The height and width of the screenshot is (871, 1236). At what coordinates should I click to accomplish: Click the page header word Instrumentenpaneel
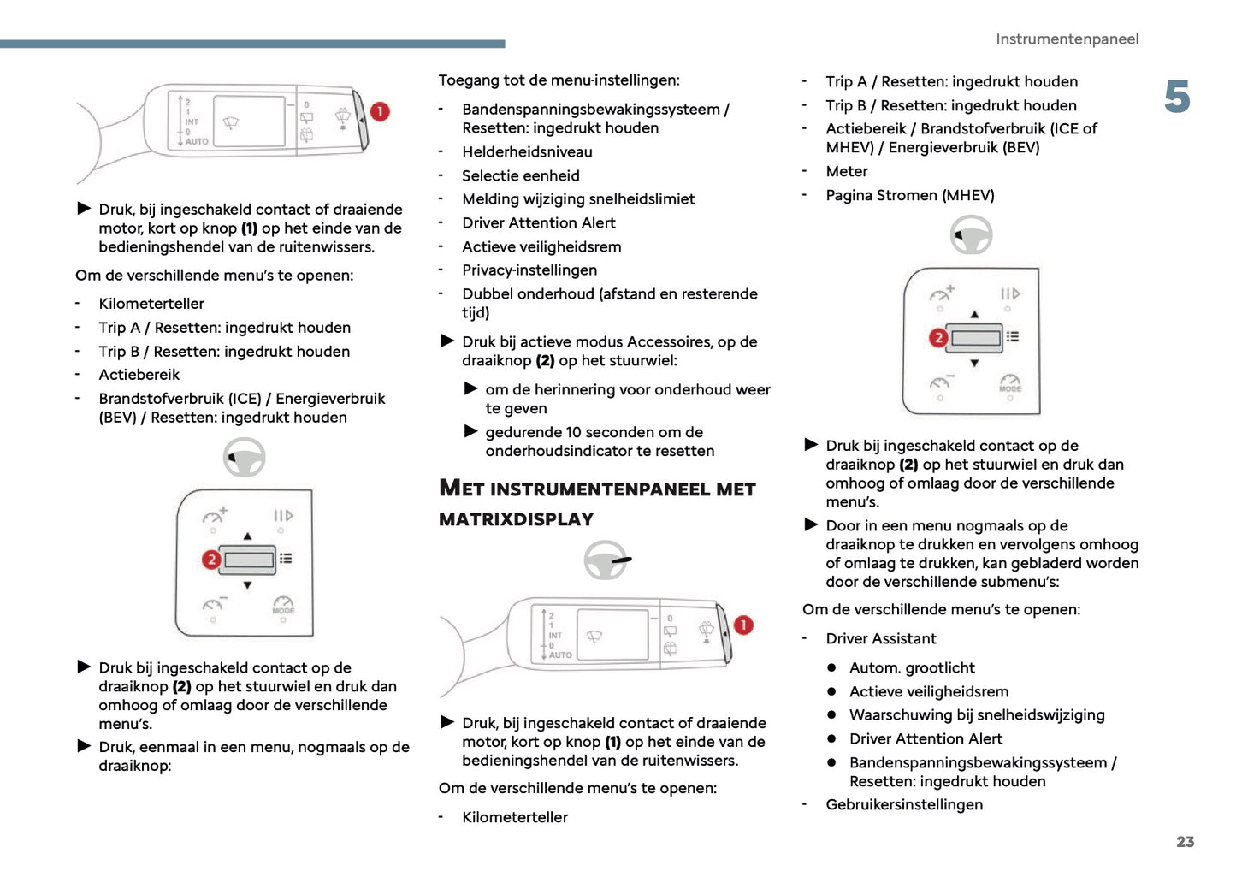pyautogui.click(x=1067, y=39)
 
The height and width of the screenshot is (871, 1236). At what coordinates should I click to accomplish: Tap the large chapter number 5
pyautogui.click(x=1177, y=98)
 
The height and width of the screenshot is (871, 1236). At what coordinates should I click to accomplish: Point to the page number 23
pyautogui.click(x=1185, y=842)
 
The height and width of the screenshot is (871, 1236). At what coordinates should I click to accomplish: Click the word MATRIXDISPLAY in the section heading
pyautogui.click(x=516, y=519)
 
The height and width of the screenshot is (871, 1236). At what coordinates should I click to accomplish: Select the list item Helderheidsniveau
pyautogui.click(x=527, y=152)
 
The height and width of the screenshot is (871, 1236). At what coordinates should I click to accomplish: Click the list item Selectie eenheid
pyautogui.click(x=520, y=176)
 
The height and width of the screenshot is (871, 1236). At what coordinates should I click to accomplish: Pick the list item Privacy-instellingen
pyautogui.click(x=529, y=270)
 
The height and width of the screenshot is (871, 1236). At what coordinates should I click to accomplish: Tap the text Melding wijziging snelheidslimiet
pyautogui.click(x=578, y=199)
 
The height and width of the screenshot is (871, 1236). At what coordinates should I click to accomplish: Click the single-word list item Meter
pyautogui.click(x=846, y=172)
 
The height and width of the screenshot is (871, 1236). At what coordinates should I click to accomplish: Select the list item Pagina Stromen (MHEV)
pyautogui.click(x=909, y=196)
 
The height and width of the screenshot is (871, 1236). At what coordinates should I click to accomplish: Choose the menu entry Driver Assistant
pyautogui.click(x=880, y=639)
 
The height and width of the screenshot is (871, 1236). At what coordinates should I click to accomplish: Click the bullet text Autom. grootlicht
pyautogui.click(x=912, y=668)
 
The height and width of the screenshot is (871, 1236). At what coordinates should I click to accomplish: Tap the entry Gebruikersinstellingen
pyautogui.click(x=904, y=805)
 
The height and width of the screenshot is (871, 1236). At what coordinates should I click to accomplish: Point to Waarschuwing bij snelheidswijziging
pyautogui.click(x=976, y=715)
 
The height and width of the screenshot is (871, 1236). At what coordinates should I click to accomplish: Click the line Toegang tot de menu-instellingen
pyautogui.click(x=559, y=80)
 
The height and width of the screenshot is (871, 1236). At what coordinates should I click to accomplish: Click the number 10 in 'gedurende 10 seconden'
pyautogui.click(x=573, y=433)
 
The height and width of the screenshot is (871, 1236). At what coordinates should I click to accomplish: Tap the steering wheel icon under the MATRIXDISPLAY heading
pyautogui.click(x=606, y=561)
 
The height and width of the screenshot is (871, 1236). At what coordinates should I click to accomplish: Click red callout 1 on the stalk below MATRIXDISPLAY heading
pyautogui.click(x=743, y=625)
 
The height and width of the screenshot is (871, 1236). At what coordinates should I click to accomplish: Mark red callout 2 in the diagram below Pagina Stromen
pyautogui.click(x=938, y=337)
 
